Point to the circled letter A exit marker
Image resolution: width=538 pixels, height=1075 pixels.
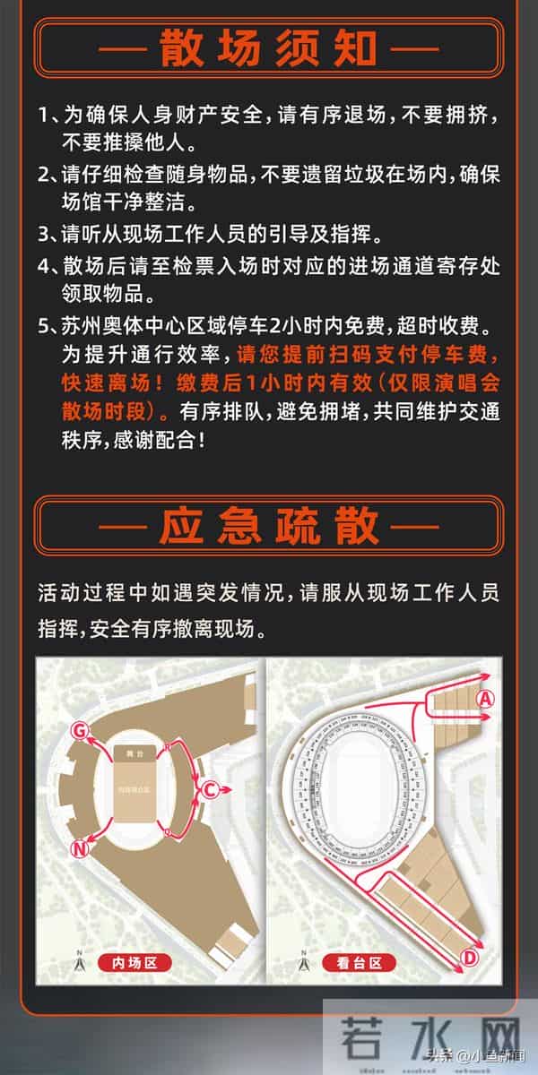pos(486,699)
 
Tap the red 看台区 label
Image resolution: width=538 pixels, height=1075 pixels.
pos(365,963)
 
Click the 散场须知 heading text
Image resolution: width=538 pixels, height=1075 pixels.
pos(268,49)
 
